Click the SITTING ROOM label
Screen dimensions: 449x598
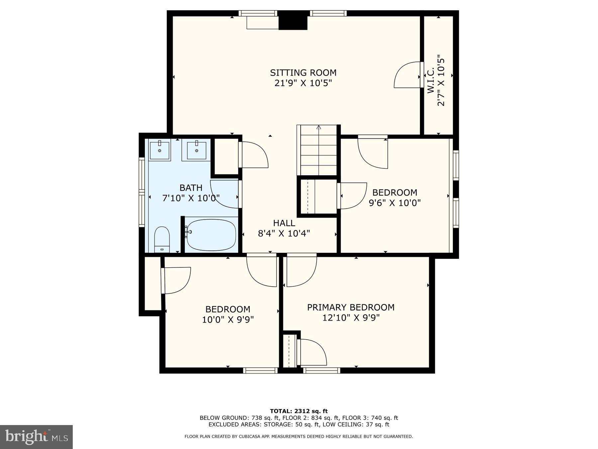tap(303, 73)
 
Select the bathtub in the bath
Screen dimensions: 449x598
tap(211, 234)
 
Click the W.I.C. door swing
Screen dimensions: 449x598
tap(407, 76)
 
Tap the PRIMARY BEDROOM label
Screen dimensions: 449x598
tap(350, 307)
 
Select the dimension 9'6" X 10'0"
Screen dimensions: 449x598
tap(395, 203)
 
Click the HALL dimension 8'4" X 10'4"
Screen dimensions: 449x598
tap(284, 233)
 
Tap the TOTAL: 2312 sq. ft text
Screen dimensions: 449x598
tap(299, 411)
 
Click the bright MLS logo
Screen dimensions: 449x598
tap(36, 437)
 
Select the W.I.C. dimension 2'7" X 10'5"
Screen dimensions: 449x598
tap(441, 80)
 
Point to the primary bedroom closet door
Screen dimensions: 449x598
tap(312, 353)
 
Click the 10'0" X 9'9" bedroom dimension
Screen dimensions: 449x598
tap(228, 320)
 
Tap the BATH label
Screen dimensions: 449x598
tap(191, 188)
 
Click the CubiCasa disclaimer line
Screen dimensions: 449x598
tap(299, 436)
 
